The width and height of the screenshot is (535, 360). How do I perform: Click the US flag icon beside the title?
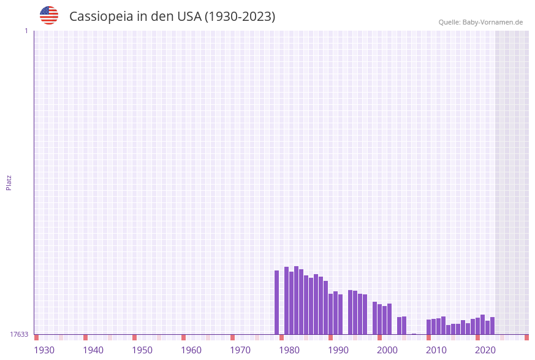[49, 15]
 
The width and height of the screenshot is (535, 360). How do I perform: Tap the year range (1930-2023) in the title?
[240, 17]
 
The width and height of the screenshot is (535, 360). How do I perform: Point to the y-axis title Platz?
[9, 182]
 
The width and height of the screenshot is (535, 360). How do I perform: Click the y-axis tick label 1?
[26, 31]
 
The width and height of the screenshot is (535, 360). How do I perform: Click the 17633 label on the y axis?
[19, 334]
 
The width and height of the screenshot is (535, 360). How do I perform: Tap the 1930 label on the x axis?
[44, 350]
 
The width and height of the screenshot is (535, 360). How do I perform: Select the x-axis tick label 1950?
[142, 350]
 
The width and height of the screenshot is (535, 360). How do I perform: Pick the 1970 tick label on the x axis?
[240, 350]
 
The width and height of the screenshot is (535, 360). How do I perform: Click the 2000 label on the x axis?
[387, 350]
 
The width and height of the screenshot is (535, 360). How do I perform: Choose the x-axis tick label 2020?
[485, 350]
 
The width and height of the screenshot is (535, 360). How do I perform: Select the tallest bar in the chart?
[296, 300]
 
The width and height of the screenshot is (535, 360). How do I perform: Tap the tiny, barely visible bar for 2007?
[414, 334]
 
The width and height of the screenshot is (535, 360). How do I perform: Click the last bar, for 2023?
[492, 326]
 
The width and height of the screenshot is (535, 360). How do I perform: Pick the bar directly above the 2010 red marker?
[428, 327]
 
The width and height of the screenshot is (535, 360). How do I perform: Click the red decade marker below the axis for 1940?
[85, 337]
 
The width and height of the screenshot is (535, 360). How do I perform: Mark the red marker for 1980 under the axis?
[281, 337]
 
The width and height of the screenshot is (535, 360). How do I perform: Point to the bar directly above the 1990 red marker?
[330, 314]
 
